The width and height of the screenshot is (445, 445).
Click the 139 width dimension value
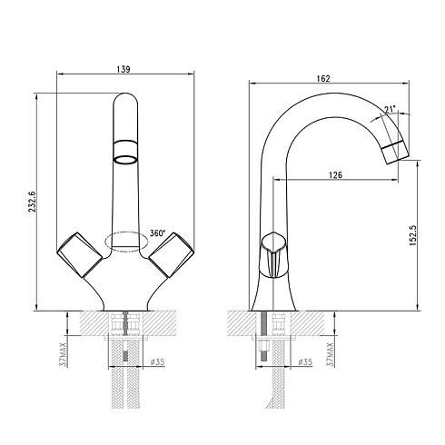click(124, 69)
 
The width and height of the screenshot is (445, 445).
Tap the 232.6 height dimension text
click(33, 202)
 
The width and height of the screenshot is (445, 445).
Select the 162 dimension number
click(323, 78)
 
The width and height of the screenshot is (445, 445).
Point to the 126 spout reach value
click(335, 174)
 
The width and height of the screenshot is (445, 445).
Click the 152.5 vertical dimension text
click(413, 235)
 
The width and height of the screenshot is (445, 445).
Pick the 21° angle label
click(391, 109)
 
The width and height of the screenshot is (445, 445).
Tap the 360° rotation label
click(158, 233)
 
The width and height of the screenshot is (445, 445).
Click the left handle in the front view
click(80, 254)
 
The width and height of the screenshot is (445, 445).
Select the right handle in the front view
click(171, 254)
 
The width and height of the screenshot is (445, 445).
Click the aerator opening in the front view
click(125, 160)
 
